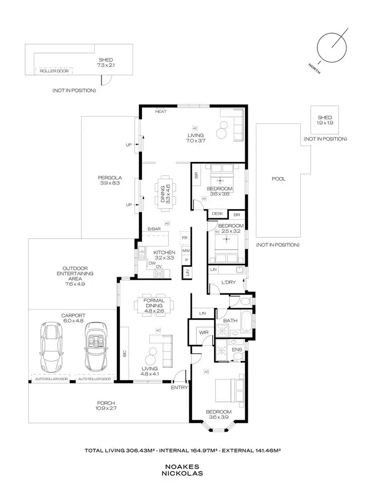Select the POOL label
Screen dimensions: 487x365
278,179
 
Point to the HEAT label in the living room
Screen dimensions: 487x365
161,112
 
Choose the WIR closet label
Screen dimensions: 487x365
202,333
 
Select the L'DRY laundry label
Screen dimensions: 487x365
228,283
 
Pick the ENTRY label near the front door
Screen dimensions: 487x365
179,388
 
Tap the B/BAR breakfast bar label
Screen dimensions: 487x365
154,229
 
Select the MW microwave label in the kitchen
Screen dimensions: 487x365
185,251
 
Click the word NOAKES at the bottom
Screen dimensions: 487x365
182,466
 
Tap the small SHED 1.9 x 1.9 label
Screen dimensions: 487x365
325,121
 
